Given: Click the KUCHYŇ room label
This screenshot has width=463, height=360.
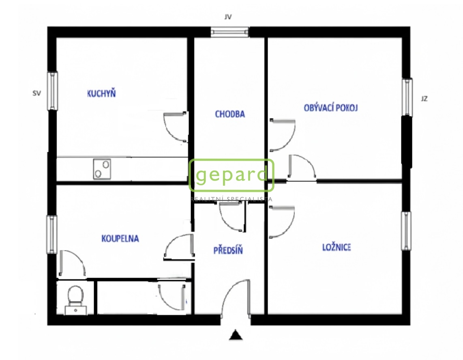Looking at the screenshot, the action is click(101, 93).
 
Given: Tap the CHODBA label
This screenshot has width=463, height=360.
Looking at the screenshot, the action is click(230, 114).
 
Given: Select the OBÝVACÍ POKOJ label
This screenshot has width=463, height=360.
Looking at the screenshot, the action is click(330, 108).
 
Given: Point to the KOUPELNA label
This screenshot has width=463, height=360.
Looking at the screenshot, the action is click(120, 239).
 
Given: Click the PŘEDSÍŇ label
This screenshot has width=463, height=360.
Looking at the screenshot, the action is click(228, 250).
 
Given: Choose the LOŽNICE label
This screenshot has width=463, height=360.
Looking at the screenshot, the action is click(337, 247).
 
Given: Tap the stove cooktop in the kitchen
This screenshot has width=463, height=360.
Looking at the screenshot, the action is click(102, 169).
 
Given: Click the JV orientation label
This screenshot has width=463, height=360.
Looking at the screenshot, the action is click(228, 17).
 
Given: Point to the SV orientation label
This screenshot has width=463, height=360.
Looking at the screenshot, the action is click(36, 93).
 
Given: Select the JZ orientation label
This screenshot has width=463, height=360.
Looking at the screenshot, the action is click(424, 99).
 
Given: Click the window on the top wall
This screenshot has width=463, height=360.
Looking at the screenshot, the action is click(230, 32).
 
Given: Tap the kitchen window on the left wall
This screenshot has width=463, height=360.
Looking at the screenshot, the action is click(52, 91).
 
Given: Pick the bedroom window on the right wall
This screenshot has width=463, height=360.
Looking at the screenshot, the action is click(406, 231).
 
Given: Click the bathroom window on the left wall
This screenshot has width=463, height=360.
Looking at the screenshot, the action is click(51, 234).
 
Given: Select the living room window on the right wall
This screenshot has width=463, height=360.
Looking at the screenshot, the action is click(407, 97).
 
